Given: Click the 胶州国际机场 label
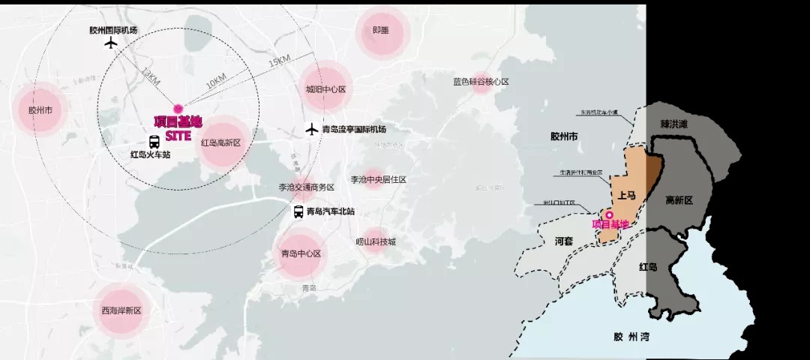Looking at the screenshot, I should coord(113,30).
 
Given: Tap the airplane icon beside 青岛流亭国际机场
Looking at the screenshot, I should coord(312,129).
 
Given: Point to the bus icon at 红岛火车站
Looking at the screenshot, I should coord(154,142).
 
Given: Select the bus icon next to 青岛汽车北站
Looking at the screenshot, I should coord(298,212).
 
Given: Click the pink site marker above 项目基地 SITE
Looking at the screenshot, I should coord(178,109).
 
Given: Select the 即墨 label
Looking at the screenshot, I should coord(381,31).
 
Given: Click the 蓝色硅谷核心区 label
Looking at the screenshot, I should coord(481,82).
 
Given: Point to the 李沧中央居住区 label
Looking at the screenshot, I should coord(378,180).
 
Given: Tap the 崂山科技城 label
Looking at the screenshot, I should coord(376,241).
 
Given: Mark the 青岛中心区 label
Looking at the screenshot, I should coord(301,253).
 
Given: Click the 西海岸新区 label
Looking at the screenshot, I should coord(121,310).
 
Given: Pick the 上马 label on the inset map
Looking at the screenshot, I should coord(627,195).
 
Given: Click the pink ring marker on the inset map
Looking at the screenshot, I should coord(609,215).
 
